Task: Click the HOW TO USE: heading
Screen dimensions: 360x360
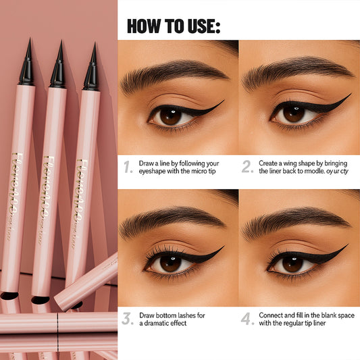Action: point(174,26)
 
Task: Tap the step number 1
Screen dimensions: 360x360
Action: point(128,167)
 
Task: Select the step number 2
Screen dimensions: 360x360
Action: point(247,167)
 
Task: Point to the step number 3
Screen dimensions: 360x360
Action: point(127,319)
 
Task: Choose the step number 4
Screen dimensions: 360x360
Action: point(247,319)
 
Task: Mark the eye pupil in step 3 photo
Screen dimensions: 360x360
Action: point(170,263)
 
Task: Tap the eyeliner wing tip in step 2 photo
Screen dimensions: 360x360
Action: point(349,95)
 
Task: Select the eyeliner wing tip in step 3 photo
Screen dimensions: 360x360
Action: point(222,248)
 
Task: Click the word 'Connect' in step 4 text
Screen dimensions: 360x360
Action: point(274,315)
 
